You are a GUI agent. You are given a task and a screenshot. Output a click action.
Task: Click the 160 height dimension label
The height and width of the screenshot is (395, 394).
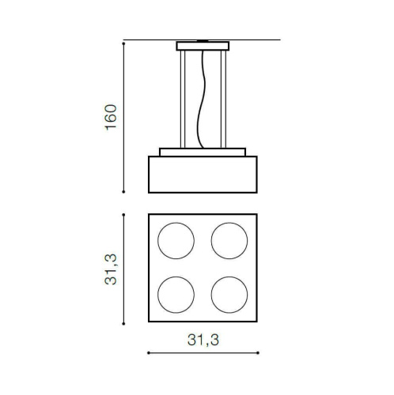(111, 116)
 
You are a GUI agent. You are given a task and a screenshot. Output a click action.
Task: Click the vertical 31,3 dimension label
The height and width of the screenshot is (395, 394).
(112, 268)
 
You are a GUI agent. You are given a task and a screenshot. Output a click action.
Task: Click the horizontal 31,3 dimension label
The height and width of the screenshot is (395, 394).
(203, 340)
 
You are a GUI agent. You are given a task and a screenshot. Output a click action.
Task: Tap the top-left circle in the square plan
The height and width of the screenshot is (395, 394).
(175, 240)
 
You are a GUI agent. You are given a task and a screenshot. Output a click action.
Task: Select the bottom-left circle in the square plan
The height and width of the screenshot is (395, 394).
(175, 293)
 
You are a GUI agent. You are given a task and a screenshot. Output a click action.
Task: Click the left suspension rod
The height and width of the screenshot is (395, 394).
(182, 99)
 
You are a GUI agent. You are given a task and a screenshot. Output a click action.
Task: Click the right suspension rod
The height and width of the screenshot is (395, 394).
(229, 99)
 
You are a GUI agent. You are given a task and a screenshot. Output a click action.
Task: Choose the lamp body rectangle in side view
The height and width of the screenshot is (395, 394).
(203, 175)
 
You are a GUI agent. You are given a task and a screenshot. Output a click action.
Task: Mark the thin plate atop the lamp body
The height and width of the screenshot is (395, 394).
(203, 152)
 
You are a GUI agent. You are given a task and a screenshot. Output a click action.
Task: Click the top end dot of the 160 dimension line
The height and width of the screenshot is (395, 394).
(124, 41)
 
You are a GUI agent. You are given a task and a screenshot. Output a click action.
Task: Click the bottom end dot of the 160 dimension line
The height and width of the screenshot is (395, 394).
(124, 191)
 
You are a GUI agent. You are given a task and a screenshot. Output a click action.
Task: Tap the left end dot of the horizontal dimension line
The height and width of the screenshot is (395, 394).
(150, 352)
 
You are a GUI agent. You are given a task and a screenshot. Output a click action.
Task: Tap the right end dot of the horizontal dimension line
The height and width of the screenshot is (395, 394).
(257, 352)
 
